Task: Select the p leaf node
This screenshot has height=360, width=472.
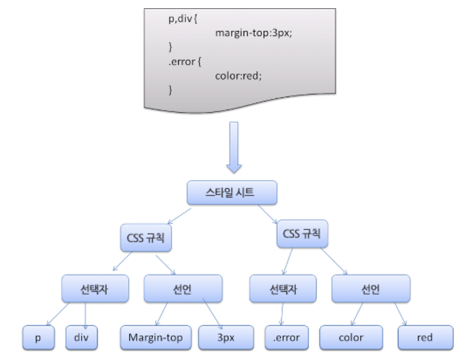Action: [38, 338]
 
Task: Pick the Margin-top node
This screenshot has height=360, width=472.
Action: [155, 338]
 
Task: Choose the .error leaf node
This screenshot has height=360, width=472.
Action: [286, 338]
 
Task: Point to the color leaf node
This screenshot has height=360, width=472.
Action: [350, 338]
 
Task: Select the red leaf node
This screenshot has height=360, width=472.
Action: [425, 338]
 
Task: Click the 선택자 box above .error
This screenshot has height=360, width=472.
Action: [283, 289]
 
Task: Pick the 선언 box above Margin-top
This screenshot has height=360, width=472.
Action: [183, 289]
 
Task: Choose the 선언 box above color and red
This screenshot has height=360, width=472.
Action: [371, 289]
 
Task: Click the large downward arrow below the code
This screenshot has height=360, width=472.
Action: [235, 147]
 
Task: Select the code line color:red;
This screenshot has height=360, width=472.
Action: [239, 75]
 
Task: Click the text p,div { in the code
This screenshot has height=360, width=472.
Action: [185, 19]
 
